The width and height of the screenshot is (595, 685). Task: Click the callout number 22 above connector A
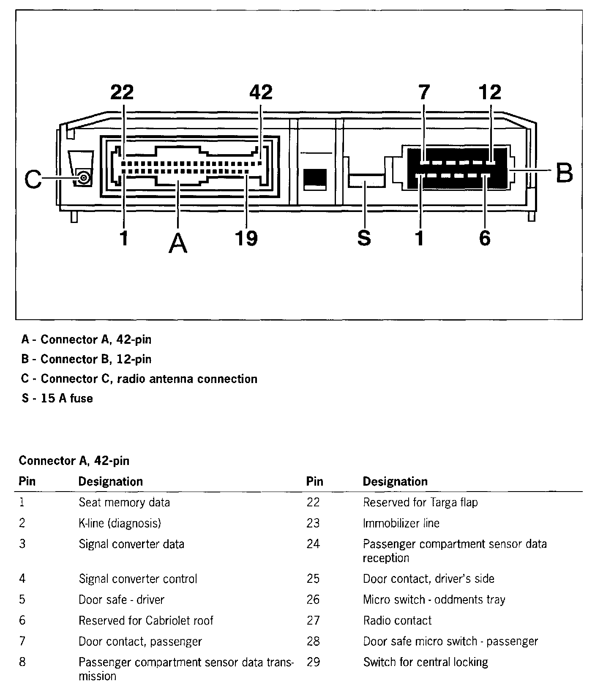122,92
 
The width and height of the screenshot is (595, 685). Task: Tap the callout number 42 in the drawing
261,92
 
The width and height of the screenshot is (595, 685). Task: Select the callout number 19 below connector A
246,238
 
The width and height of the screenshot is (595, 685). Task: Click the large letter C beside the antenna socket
33,179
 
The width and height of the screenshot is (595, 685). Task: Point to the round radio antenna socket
84,178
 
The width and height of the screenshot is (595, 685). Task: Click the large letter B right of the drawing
564,173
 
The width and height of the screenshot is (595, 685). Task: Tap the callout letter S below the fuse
364,238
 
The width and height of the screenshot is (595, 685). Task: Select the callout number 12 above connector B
490,92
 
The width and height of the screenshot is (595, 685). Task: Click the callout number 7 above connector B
423,92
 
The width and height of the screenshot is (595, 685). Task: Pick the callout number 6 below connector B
485,238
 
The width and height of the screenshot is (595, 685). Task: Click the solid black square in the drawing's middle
315,179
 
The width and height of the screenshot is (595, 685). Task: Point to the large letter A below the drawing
178,244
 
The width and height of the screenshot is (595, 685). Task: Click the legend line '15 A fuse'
57,398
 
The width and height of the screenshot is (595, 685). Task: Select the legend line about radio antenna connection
139,379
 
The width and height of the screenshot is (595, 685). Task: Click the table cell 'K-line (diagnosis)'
120,523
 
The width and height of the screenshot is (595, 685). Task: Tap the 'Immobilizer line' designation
401,523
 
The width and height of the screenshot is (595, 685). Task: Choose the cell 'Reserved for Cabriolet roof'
146,620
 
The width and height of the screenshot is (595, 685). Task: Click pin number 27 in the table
313,620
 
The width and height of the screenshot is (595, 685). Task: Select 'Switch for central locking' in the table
425,662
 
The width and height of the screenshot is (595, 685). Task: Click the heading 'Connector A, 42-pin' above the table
74,460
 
